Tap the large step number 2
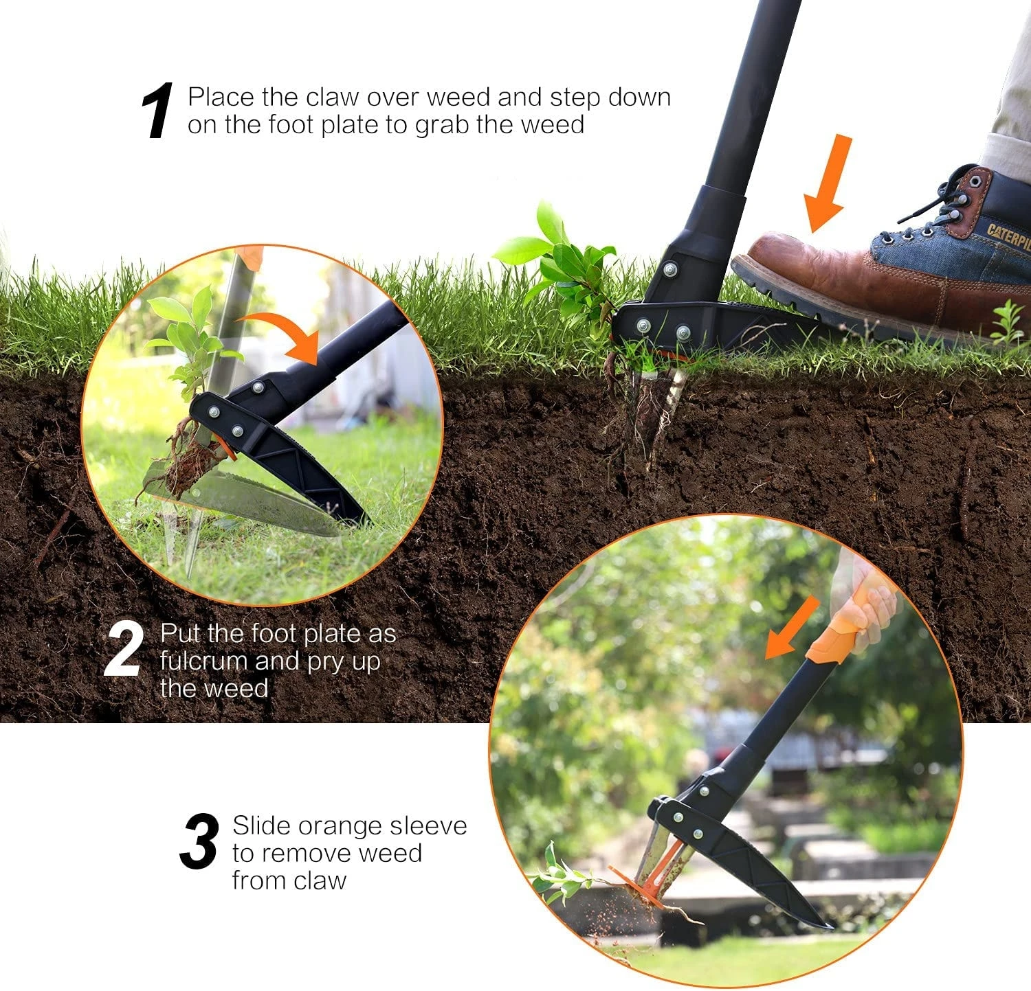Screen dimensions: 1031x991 point(124,649)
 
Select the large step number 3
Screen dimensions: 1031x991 point(199,841)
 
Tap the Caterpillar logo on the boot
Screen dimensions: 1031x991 point(1009,237)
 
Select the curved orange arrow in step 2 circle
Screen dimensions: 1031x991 point(282,333)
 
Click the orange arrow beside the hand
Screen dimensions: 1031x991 point(792,627)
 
